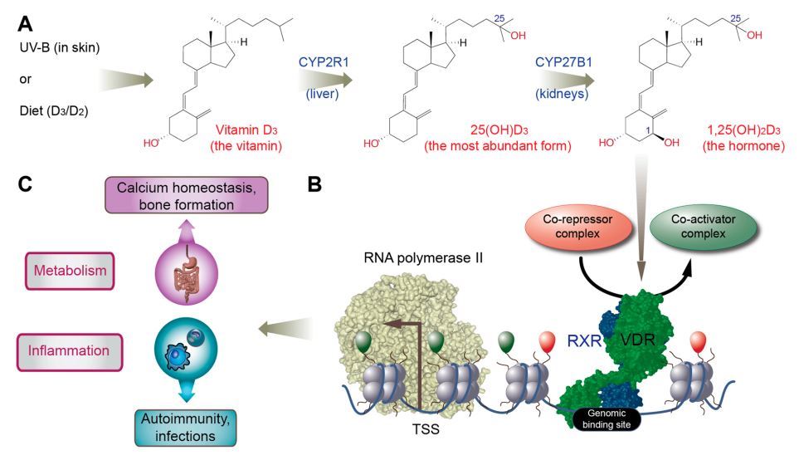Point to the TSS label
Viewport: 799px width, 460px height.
tap(425, 431)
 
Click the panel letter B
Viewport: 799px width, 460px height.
tap(314, 185)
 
